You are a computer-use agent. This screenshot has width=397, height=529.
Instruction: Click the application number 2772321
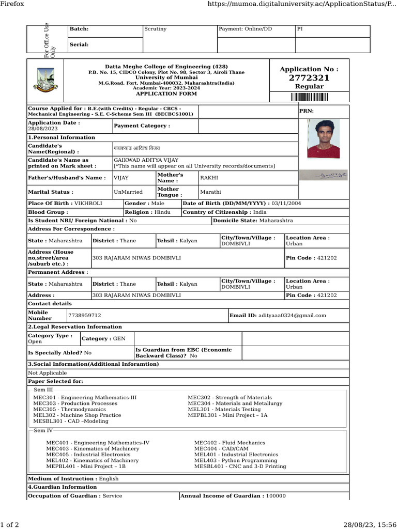pos(309,78)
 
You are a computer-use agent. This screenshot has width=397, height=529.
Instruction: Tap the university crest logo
pos(45,80)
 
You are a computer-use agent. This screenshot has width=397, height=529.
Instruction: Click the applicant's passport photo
pos(324,138)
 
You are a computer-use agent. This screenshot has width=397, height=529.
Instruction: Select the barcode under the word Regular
pos(309,97)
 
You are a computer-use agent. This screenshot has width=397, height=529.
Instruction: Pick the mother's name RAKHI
pos(209,178)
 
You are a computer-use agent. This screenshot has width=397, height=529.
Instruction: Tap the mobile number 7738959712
pos(85,315)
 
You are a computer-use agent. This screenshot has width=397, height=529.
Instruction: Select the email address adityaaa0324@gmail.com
pos(292,315)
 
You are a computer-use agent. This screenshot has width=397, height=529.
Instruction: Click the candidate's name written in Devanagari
pos(137,148)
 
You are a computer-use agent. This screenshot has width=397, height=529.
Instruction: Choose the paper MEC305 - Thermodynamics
pos(69,409)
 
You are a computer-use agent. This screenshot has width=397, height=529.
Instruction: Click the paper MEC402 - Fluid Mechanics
pos(230,443)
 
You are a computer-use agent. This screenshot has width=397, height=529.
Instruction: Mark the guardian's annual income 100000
pos(276,496)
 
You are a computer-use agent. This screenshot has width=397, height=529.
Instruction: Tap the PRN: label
pos(307,111)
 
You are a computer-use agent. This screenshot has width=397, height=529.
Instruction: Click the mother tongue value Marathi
pos(210,192)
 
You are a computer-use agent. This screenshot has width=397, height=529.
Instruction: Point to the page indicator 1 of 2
pos(10,525)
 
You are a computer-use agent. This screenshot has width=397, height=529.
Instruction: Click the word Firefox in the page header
pos(12,4)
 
